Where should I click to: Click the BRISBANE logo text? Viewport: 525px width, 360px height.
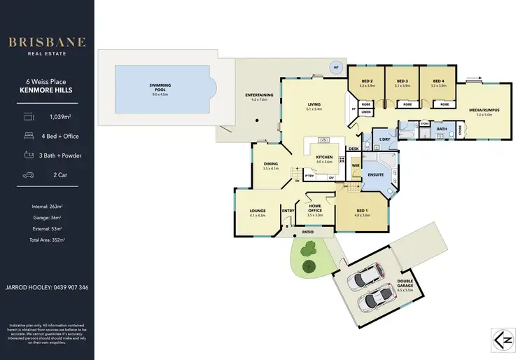click(47, 42)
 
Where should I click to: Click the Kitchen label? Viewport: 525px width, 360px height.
click(324, 158)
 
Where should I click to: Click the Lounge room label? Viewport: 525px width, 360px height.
click(258, 211)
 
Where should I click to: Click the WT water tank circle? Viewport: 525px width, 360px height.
click(336, 68)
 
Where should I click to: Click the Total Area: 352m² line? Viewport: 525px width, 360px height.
click(47, 240)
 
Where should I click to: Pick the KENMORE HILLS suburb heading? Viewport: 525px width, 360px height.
click(47, 90)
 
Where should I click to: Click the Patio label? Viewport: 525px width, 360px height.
click(307, 230)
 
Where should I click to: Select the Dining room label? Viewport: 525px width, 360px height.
click(270, 165)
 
